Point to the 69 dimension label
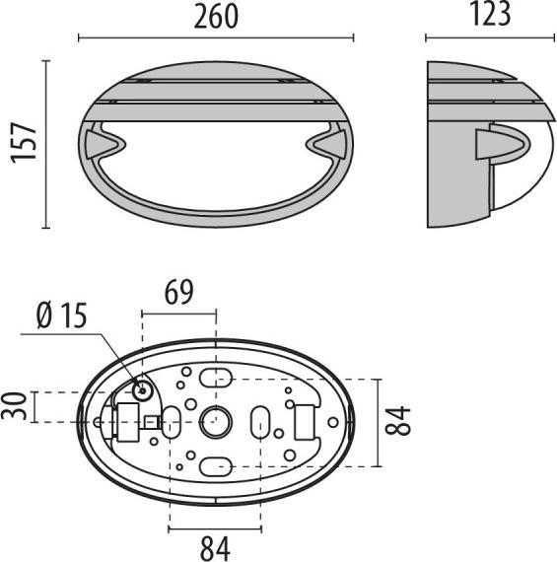pyautogui.click(x=179, y=293)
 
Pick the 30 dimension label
pyautogui.click(x=14, y=405)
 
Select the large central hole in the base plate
pyautogui.click(x=215, y=423)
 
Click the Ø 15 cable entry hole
pyautogui.click(x=143, y=390)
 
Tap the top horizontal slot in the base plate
pyautogui.click(x=216, y=377)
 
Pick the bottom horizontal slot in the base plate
pyautogui.click(x=216, y=466)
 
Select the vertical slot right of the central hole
pyautogui.click(x=260, y=422)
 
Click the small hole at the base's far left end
pyautogui.click(x=99, y=422)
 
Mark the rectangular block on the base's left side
pyautogui.click(x=126, y=422)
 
